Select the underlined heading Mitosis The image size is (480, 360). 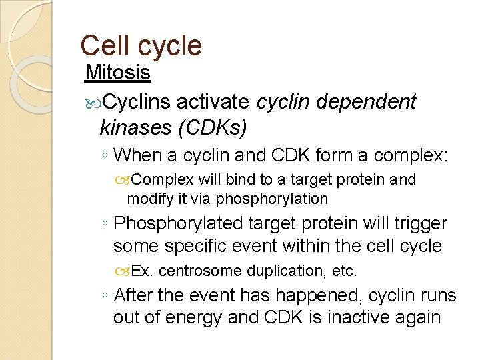pos(119,71)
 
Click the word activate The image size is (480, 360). pos(214,101)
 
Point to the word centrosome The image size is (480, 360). pos(202,271)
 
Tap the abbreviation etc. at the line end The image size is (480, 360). pos(345,271)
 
